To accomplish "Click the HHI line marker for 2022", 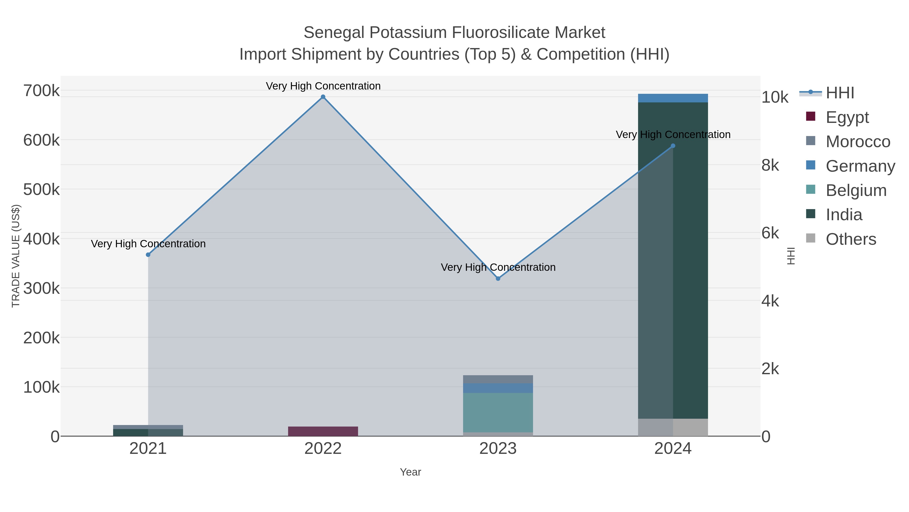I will point(323,97).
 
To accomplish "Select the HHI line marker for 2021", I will point(148,255).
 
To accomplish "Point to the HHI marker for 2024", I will point(673,146).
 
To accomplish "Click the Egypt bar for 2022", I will point(323,431).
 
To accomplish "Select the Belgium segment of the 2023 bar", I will point(498,412).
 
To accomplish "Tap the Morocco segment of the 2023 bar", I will point(498,379).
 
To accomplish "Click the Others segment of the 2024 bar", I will point(673,427).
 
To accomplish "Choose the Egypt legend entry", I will point(847,117).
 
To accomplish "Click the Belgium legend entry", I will point(856,190).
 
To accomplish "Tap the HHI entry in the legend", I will point(840,93).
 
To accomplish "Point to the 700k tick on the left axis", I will point(41,91).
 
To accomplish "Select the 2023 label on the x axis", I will point(498,449).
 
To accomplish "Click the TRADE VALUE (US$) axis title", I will point(16,256).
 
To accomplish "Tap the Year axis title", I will point(410,472).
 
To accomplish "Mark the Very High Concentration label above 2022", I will point(323,86).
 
